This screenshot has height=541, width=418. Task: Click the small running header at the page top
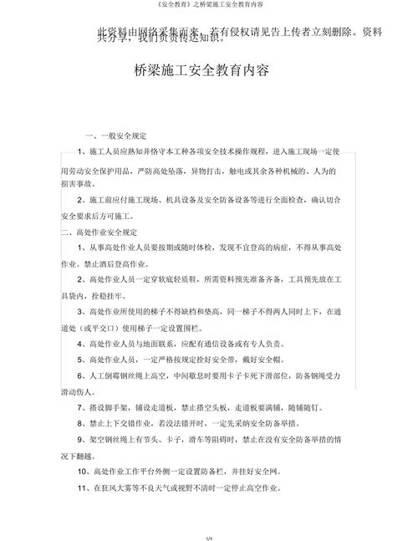point(208,6)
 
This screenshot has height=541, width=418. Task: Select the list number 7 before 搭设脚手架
point(78,408)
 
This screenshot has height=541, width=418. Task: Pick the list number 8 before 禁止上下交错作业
point(78,424)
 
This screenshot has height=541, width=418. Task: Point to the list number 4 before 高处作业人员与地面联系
point(78,344)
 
